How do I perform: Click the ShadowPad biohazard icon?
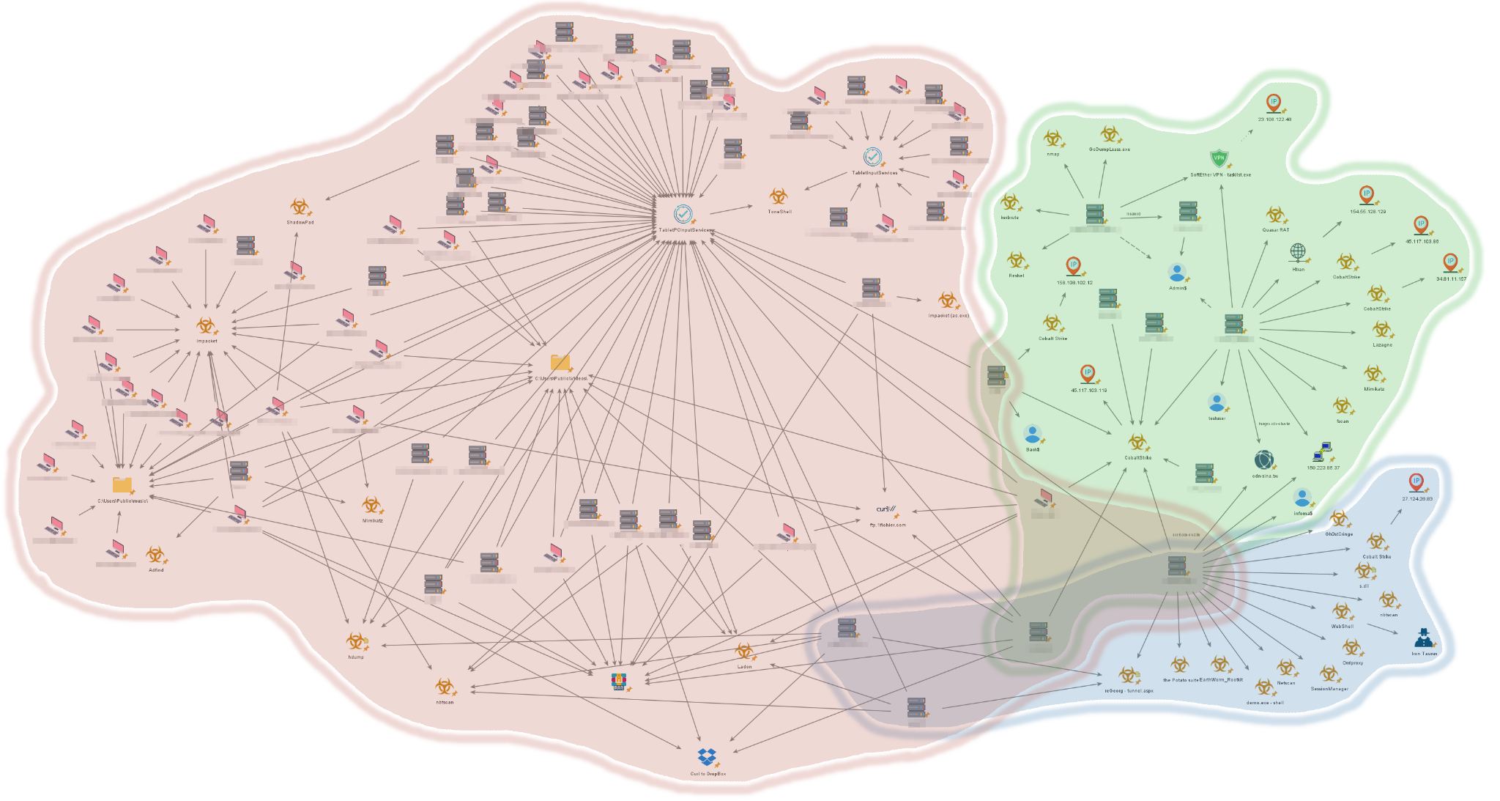(x=298, y=207)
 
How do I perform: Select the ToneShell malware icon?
(x=778, y=196)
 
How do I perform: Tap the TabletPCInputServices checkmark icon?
(x=683, y=214)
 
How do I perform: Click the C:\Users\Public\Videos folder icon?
(x=560, y=362)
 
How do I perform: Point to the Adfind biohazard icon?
(x=155, y=555)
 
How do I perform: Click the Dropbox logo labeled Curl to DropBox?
(x=707, y=757)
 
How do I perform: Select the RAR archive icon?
(x=620, y=682)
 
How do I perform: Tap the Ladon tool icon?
(x=744, y=651)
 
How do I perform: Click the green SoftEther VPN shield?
(x=1219, y=158)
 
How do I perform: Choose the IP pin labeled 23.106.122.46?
(x=1274, y=103)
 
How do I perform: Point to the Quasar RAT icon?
(x=1275, y=215)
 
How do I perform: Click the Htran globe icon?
(x=1298, y=253)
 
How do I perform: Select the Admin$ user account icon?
(x=1177, y=273)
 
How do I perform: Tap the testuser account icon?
(x=1217, y=403)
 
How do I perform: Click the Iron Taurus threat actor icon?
(x=1423, y=638)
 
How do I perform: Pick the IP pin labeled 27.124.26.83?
(x=1417, y=482)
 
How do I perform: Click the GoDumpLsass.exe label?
(x=1109, y=150)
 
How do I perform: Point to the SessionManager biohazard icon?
(x=1329, y=673)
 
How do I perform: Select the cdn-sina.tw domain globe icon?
(x=1263, y=460)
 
